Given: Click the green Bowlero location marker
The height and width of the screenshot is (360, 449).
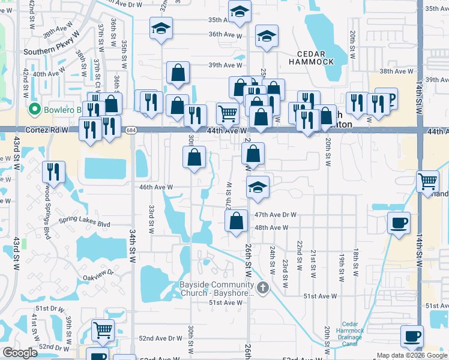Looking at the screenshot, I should click(x=34, y=110).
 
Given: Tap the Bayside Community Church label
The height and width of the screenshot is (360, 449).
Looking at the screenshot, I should click(x=217, y=289).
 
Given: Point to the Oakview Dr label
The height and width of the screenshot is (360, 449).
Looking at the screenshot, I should click(x=98, y=277).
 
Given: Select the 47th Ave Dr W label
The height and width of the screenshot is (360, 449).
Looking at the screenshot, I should click(x=276, y=214).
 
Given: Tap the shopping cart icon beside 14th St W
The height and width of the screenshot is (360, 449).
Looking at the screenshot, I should click(x=428, y=180).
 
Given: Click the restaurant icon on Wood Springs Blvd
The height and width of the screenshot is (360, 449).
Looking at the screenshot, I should click(x=53, y=172).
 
